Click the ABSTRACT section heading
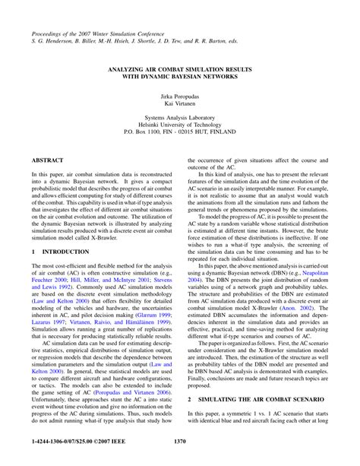[48, 161]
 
